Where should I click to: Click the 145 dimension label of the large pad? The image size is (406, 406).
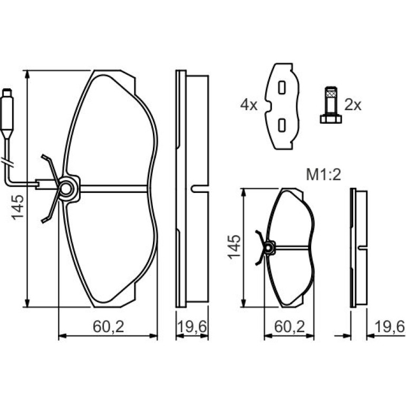click(x=17, y=208)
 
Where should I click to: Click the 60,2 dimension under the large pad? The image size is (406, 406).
click(x=109, y=327)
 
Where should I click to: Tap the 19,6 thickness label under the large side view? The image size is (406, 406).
click(x=192, y=327)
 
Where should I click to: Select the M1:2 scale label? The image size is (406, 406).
click(x=323, y=175)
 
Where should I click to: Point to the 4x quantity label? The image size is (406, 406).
click(x=249, y=105)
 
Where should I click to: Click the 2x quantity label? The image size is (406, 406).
click(x=353, y=105)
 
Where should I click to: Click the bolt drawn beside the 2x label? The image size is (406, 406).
click(x=331, y=105)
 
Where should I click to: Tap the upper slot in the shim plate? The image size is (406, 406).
click(x=282, y=87)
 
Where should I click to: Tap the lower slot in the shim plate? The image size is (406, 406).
click(x=282, y=125)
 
